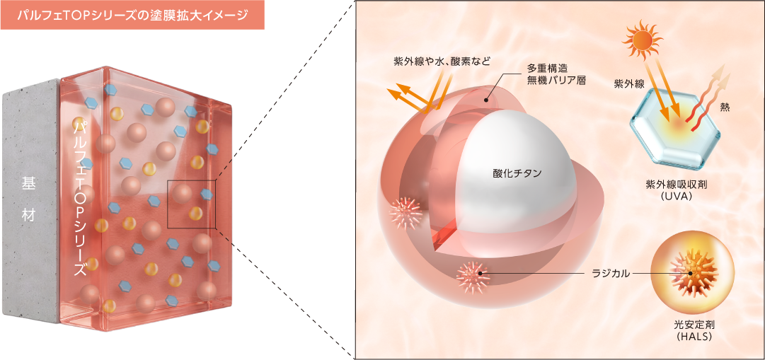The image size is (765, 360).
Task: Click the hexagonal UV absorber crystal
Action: (674, 128)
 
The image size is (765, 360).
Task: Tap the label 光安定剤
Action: (693, 326)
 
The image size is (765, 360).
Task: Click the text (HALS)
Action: (693, 337)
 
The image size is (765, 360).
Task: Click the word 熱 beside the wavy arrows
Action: (725, 109)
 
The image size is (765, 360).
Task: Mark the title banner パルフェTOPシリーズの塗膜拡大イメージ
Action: (132, 15)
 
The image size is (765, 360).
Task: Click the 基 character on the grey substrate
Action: (28, 184)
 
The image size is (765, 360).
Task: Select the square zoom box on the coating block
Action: (191, 204)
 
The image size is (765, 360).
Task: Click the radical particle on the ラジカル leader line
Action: (472, 276)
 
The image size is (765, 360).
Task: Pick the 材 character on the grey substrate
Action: (28, 215)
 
